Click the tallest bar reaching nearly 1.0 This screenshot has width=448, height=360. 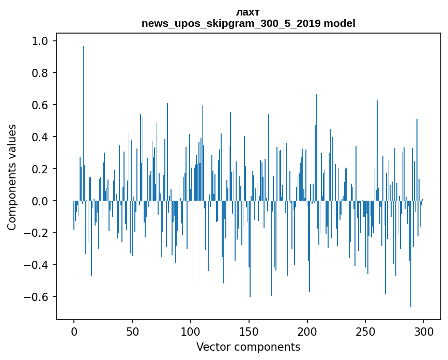(83, 123)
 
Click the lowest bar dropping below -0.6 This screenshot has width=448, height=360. (411, 253)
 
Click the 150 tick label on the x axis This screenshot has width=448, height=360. (249, 332)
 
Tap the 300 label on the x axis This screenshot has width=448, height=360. (424, 332)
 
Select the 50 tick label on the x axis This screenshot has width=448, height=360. (132, 332)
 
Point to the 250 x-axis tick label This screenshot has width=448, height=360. (365, 332)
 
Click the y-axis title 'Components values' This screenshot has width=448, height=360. (12, 177)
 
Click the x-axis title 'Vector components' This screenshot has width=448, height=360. (248, 347)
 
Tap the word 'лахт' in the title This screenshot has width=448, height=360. (248, 12)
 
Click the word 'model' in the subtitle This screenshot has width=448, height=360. (339, 23)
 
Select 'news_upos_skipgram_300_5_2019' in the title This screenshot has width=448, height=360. (231, 23)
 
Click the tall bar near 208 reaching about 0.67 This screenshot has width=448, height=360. (317, 147)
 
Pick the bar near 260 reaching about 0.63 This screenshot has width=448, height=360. (377, 151)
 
